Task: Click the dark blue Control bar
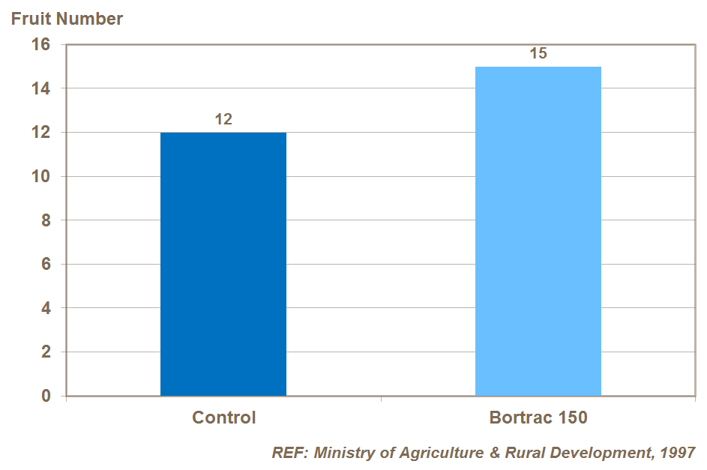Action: pyautogui.click(x=223, y=264)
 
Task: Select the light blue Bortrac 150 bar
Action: pyautogui.click(x=538, y=231)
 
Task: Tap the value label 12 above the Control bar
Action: pyautogui.click(x=223, y=118)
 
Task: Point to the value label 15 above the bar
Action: pyautogui.click(x=538, y=53)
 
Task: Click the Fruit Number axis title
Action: pyautogui.click(x=67, y=19)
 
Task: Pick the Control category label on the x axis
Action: pyautogui.click(x=223, y=418)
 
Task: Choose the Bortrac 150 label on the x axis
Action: pyautogui.click(x=538, y=418)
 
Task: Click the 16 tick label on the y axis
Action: pyautogui.click(x=40, y=45)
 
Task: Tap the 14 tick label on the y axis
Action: pyautogui.click(x=40, y=89)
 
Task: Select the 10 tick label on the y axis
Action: pyautogui.click(x=40, y=177)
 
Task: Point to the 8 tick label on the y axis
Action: pyautogui.click(x=46, y=220)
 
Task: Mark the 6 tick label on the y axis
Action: pyautogui.click(x=46, y=265)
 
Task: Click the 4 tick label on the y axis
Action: pyautogui.click(x=46, y=308)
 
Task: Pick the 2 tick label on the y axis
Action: pyautogui.click(x=46, y=352)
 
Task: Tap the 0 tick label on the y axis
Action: pyautogui.click(x=46, y=396)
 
